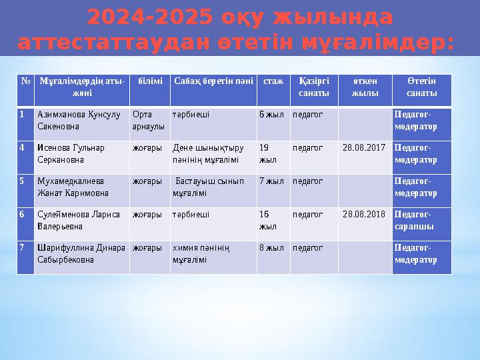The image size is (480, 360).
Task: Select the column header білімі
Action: [x=149, y=81]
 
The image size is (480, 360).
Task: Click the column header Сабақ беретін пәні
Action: [x=213, y=81]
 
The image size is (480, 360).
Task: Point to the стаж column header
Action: [x=273, y=81]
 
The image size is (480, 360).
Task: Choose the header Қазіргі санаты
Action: [x=313, y=87]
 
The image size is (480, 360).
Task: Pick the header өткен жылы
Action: [x=365, y=87]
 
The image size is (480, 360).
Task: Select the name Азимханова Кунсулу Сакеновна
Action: [x=79, y=120]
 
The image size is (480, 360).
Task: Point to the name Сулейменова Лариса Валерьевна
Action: [x=79, y=221]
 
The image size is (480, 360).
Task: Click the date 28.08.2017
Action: [x=364, y=148]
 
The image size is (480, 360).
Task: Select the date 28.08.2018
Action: [x=364, y=215]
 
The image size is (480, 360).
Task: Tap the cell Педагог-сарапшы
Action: [x=415, y=221]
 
